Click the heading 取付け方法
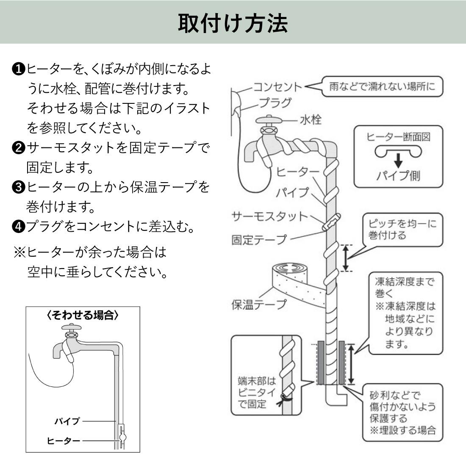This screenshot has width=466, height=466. (233, 23)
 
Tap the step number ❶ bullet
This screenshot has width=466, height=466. (19, 69)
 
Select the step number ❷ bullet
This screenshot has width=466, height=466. (19, 148)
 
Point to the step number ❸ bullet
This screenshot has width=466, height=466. (19, 187)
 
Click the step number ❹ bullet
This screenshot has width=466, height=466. (19, 227)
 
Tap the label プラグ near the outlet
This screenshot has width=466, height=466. (275, 103)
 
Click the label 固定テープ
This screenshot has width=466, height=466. (259, 240)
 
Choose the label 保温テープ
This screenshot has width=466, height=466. (259, 304)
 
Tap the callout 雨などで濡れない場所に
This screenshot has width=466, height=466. (382, 87)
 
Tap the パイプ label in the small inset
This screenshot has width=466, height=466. (67, 421)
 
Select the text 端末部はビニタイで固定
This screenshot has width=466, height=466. (257, 392)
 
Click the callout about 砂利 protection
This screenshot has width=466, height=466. (402, 413)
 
